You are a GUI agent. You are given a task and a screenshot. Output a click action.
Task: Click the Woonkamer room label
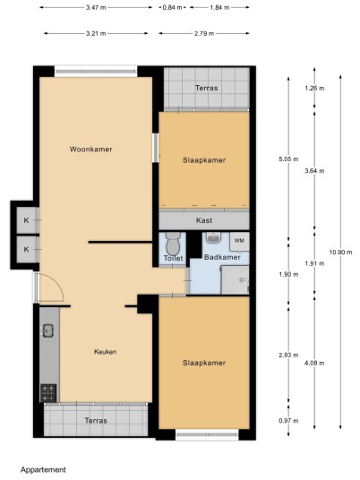coord(91,150)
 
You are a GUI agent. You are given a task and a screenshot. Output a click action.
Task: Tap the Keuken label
coord(105,352)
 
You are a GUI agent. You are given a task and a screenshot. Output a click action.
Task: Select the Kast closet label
coord(204,220)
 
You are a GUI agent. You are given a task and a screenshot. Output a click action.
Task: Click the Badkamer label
coord(222,257)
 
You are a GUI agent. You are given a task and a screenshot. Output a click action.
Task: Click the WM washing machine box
coord(239,241)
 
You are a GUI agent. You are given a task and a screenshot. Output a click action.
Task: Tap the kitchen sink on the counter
coord(48,330)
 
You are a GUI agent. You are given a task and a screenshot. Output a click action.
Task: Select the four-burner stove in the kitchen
coord(48,393)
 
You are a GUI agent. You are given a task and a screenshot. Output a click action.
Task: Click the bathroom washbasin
coord(214,237)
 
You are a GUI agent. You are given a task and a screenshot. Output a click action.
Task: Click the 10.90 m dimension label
coord(340,253)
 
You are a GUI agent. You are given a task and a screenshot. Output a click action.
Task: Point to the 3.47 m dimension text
coord(96,8)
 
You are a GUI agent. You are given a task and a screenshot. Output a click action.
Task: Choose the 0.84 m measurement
coord(172,8)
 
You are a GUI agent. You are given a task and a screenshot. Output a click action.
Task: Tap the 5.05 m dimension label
coord(288,159)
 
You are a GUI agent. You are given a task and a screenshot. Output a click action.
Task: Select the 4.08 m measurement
coord(314,364)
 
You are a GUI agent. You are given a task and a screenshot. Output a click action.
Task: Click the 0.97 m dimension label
coord(288,421)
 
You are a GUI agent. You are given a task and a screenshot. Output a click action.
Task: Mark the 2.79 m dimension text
coord(204,34)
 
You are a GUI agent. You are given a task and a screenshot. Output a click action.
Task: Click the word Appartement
coord(43,469)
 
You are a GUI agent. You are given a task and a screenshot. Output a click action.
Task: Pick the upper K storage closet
coord(28,219)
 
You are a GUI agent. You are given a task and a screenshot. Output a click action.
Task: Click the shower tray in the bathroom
coord(236,280)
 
